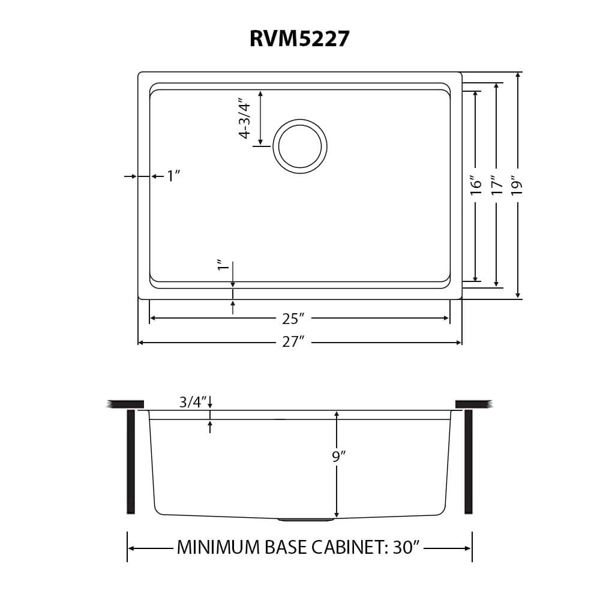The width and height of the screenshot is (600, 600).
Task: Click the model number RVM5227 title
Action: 299,38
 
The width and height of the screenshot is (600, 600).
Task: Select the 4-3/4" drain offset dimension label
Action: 245,121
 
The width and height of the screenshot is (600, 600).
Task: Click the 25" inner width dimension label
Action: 293,319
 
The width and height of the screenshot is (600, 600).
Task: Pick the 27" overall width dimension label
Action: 293,341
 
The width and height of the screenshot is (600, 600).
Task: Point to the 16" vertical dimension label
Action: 476,185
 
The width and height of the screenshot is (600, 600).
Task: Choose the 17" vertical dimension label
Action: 497,185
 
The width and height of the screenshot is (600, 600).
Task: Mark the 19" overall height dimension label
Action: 517,185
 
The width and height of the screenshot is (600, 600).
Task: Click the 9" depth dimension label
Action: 339,456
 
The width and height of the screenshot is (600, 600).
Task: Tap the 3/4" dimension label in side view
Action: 193,402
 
